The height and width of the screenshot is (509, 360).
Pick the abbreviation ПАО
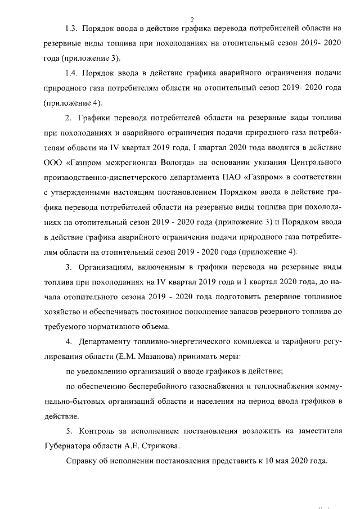[x=232, y=178]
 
